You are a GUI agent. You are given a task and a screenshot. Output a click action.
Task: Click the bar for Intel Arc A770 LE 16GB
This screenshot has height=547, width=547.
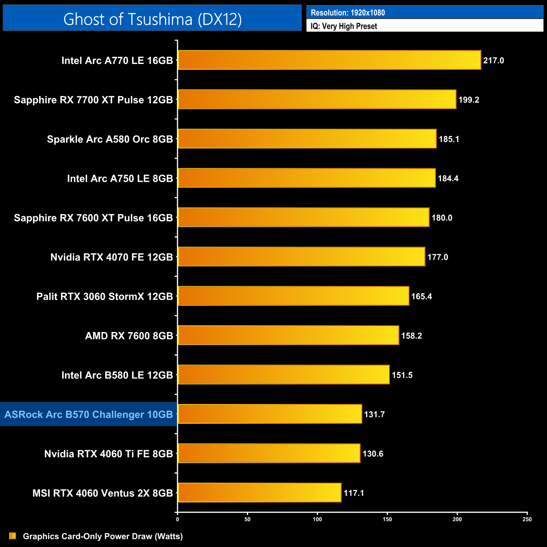point(329,60)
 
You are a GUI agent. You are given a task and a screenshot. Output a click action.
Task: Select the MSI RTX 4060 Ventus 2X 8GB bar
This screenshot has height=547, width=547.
point(260,493)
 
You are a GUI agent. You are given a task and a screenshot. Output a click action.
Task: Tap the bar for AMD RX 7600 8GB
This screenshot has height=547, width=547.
point(288,335)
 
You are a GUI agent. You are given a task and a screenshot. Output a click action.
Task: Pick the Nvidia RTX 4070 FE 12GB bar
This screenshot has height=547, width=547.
point(301,257)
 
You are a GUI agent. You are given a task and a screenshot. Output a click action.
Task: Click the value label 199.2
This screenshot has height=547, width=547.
point(469,100)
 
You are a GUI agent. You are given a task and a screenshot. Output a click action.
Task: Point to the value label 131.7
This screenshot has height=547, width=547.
point(374,414)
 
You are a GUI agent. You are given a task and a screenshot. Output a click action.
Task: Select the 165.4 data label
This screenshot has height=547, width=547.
point(422,296)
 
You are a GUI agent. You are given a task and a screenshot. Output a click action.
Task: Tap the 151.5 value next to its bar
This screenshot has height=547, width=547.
point(402,375)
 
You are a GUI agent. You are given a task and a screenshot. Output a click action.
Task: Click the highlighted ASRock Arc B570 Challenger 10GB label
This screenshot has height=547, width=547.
point(89,414)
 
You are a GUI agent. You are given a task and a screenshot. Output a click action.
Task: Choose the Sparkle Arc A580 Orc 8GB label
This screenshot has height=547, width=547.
point(110,139)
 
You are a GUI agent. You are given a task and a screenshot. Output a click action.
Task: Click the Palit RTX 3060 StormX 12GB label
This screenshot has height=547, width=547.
point(105,296)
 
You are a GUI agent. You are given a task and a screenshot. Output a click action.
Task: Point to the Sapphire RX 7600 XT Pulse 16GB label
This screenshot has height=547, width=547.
point(93,218)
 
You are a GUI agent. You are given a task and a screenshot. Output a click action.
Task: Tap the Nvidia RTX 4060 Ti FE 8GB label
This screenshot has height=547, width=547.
point(109,454)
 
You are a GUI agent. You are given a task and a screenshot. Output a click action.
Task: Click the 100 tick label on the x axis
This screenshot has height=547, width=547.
point(317,519)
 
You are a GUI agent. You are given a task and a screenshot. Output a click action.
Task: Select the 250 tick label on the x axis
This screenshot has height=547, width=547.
point(527,519)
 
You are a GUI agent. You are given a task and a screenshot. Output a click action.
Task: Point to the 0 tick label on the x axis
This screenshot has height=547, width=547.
point(178,519)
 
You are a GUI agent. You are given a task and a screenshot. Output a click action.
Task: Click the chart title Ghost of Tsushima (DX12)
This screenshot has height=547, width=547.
point(152,19)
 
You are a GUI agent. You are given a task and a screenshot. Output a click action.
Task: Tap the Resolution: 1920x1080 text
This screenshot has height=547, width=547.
point(348,13)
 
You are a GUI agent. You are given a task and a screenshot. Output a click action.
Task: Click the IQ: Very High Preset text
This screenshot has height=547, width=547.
point(344,26)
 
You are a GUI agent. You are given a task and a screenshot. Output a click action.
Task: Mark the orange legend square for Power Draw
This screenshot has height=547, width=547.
point(13,536)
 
